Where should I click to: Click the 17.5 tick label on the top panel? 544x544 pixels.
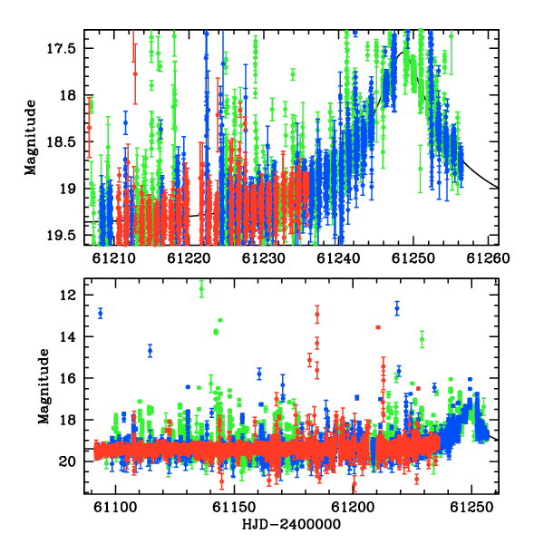[61, 48]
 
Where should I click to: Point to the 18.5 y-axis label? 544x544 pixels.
[61, 142]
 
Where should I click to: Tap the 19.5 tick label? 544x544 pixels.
[61, 236]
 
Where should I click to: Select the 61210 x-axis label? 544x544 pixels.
[114, 258]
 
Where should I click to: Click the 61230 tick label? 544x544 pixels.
[264, 258]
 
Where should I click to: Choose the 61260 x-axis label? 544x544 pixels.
[488, 258]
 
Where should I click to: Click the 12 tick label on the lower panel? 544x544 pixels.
[67, 296]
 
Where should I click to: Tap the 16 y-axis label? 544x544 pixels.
[67, 378]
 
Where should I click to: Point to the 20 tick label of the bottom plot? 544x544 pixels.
[67, 461]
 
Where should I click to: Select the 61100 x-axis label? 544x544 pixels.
[115, 508]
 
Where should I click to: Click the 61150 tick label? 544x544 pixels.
[235, 508]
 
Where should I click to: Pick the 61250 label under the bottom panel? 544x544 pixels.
[471, 508]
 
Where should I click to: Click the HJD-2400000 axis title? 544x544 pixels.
[291, 524]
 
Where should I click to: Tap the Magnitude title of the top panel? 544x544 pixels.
[31, 138]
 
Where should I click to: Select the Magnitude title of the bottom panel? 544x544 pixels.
[44, 386]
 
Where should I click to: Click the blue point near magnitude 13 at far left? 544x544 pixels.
[101, 314]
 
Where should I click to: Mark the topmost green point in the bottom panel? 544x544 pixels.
[201, 288]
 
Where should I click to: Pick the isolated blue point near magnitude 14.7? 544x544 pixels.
[150, 350]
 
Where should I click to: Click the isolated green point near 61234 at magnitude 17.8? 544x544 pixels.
[293, 74]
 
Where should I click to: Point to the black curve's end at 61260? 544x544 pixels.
[498, 188]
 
